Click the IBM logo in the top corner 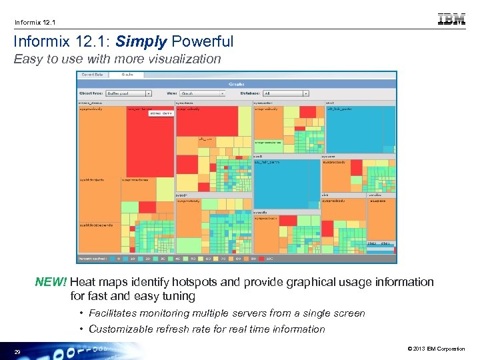click(451, 19)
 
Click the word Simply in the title click(141, 41)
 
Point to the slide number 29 click(17, 351)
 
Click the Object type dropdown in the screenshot click(129, 94)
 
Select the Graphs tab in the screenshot click(127, 75)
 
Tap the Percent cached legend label click(93, 258)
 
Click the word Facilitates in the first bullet click(114, 313)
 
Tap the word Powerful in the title click(203, 41)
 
